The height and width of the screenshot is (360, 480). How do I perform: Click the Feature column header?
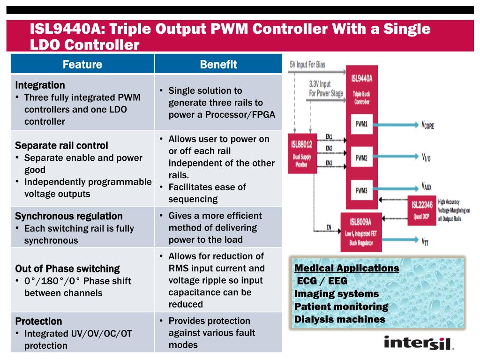82,64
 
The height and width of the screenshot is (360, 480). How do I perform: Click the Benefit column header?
218,64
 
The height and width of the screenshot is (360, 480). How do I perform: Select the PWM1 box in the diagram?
361,124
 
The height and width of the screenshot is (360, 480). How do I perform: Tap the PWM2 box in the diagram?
361,157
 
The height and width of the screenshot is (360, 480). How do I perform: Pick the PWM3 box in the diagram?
361,190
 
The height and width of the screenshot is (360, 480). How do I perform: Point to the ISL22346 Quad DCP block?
422,209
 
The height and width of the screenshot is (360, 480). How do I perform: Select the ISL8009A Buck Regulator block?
361,232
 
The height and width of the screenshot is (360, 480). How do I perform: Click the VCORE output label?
427,125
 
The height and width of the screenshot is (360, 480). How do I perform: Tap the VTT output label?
426,242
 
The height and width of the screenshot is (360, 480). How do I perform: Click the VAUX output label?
426,187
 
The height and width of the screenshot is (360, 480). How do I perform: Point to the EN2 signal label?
329,149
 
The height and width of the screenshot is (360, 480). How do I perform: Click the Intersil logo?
419,343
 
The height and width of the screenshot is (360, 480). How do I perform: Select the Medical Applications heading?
346,269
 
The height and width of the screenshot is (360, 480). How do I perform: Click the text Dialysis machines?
340,320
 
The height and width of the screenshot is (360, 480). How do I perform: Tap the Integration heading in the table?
40,85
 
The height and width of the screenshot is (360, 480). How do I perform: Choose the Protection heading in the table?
38,322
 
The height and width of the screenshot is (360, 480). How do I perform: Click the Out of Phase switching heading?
67,269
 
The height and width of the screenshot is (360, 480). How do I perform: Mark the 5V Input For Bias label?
307,64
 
